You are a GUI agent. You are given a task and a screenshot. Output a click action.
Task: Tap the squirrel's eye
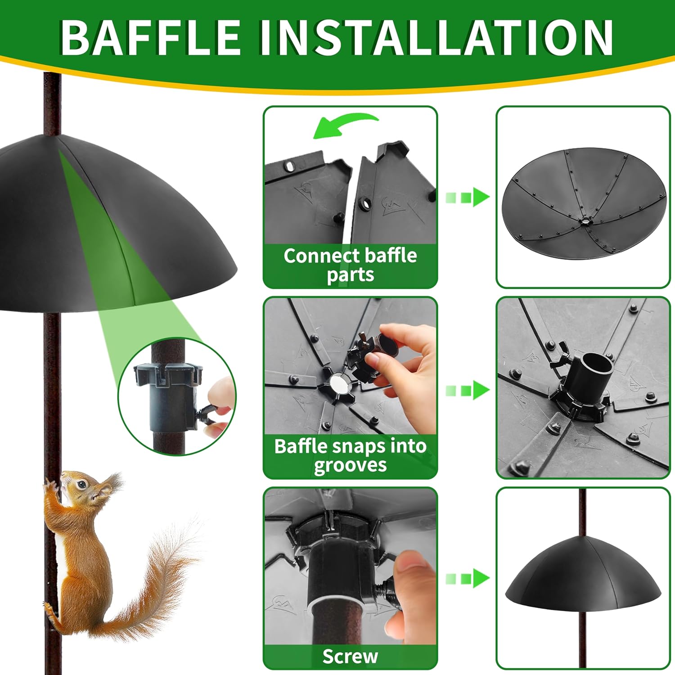point(81,485)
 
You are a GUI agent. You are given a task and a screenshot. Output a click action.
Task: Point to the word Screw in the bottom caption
point(350,657)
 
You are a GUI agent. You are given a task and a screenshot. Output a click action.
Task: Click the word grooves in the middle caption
point(350,465)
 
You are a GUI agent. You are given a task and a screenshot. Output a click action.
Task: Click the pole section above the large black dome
point(52,103)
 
